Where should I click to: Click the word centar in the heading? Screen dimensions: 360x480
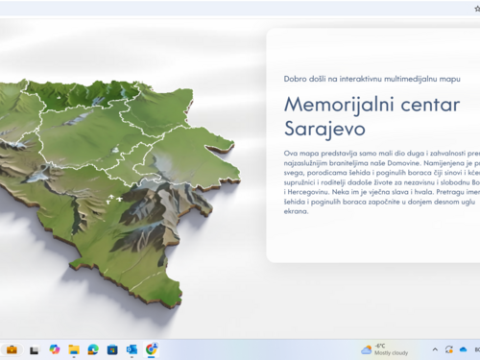[424, 105]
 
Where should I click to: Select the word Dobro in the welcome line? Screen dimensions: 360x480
[297, 79]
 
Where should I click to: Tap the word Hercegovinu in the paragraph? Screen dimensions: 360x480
[310, 193]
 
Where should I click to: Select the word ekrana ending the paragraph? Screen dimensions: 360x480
[297, 211]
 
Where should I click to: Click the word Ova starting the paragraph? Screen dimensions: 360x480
[292, 154]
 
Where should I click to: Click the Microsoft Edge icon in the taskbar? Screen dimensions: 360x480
[93, 350]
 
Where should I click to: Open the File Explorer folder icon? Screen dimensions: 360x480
[74, 350]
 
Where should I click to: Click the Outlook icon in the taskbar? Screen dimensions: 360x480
[132, 350]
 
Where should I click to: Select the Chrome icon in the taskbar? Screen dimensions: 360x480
[152, 350]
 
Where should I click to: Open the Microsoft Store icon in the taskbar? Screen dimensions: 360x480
[112, 350]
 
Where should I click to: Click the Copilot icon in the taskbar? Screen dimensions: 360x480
[54, 350]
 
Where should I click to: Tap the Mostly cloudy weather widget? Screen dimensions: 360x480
[385, 349]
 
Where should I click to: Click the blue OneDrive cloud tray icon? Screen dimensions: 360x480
[464, 350]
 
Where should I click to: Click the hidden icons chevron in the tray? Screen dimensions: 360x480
[435, 350]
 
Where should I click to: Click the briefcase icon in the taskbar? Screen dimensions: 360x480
[12, 350]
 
